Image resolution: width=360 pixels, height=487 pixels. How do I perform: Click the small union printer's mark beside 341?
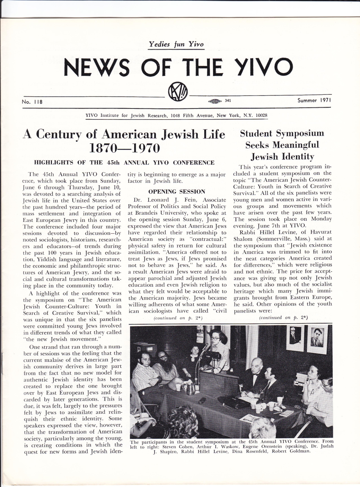click(215, 101)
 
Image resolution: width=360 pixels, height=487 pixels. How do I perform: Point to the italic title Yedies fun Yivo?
click(177, 45)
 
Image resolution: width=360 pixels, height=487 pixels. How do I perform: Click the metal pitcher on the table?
click(188, 388)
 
